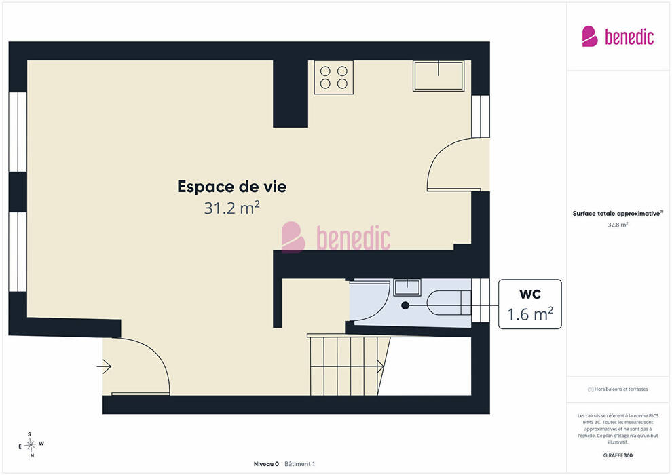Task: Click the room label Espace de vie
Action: (232, 187)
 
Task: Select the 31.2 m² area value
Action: (232, 208)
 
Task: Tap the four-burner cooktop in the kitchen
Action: (334, 77)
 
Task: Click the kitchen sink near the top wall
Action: (438, 76)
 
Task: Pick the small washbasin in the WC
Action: (407, 287)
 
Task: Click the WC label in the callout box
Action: (530, 294)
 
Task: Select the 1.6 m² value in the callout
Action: (530, 314)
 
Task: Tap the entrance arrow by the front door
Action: (104, 366)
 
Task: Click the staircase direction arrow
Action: (347, 366)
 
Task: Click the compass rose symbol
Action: (31, 445)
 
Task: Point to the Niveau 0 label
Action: (266, 464)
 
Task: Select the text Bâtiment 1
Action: (299, 464)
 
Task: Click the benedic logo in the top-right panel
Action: (618, 37)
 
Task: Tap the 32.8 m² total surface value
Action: (618, 225)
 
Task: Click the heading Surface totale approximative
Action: (616, 214)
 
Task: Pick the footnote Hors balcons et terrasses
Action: (618, 389)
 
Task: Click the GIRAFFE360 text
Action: (618, 455)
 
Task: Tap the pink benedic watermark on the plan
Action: (336, 237)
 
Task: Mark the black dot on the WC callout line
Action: (405, 305)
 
